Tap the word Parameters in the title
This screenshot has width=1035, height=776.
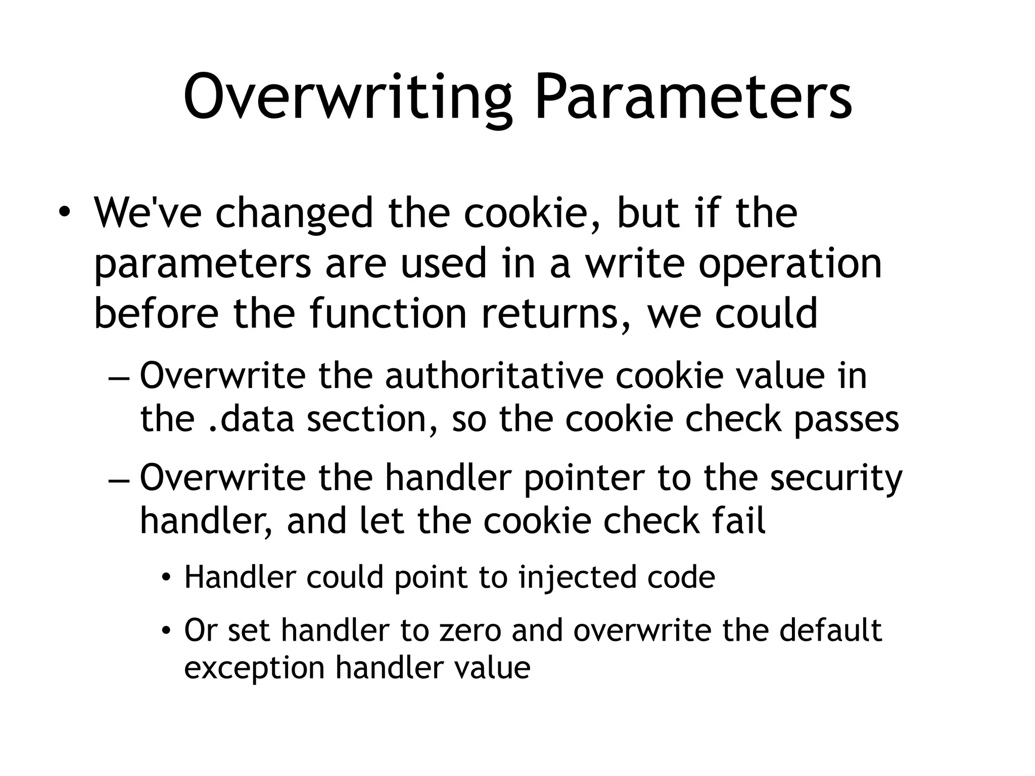(693, 97)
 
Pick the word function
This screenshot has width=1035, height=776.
(388, 313)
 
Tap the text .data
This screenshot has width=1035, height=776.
(251, 419)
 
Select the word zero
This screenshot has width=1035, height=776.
(469, 630)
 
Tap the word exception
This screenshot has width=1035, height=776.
(254, 668)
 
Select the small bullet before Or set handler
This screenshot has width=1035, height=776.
(166, 630)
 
